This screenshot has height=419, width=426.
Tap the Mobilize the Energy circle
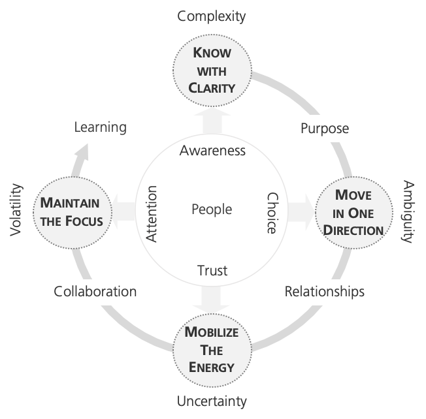(x=211, y=349)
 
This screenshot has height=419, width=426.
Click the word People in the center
(x=211, y=209)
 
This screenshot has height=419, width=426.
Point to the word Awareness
(x=212, y=151)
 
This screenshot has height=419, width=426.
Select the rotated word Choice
(x=272, y=213)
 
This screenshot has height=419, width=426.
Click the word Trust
(x=212, y=270)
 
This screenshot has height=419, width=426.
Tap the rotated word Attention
(x=152, y=214)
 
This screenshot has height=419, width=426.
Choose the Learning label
(x=100, y=127)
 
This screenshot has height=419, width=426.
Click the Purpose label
(x=324, y=128)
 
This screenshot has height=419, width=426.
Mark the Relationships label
(x=324, y=291)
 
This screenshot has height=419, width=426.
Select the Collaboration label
(x=95, y=291)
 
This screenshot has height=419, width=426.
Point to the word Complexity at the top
(x=212, y=14)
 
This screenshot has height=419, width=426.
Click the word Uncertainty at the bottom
(x=212, y=400)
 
